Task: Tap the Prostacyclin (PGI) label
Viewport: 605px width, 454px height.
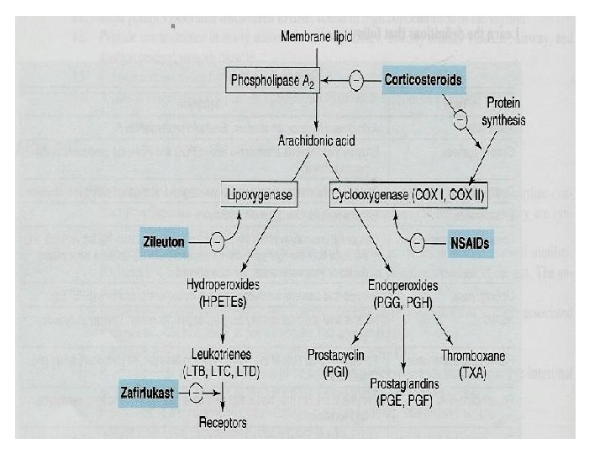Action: point(334,362)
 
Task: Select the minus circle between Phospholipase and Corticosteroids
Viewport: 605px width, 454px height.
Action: point(356,81)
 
